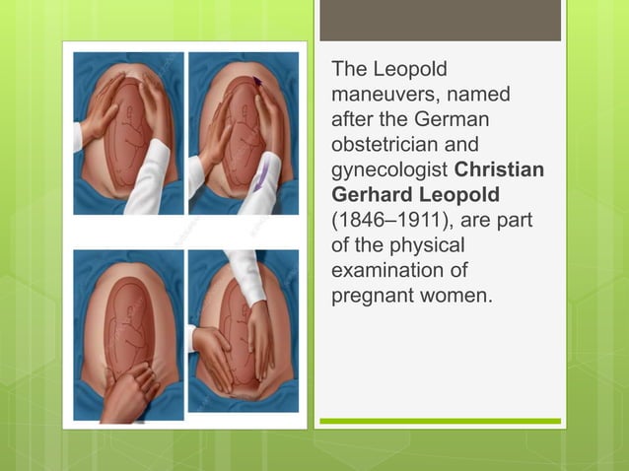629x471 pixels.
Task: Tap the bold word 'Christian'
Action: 503,169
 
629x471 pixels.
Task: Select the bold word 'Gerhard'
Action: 370,194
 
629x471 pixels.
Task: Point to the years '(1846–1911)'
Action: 387,219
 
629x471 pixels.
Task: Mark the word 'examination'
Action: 387,268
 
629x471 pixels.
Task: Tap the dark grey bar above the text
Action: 440,20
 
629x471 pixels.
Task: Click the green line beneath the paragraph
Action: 440,421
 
